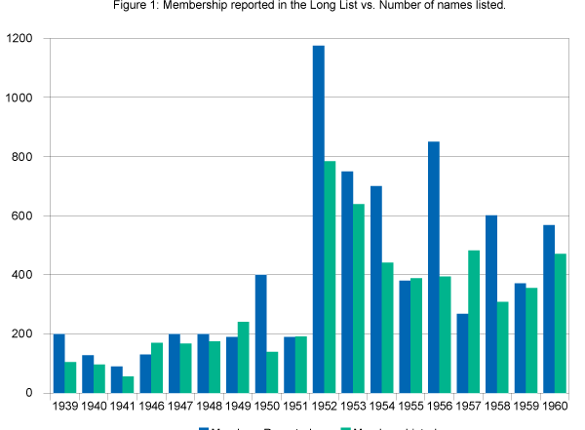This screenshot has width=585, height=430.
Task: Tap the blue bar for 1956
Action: tap(433, 267)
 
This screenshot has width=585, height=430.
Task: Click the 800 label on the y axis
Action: tap(21, 157)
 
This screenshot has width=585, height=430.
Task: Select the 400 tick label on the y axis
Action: tap(21, 275)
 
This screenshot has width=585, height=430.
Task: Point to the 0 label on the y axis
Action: tap(30, 393)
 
